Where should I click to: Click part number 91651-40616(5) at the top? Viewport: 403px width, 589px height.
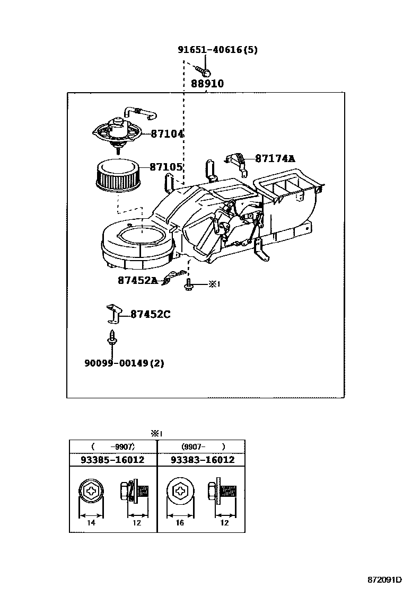[x=217, y=50]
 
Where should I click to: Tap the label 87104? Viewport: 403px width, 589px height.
[x=167, y=134]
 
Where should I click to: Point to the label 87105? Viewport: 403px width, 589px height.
[x=166, y=167]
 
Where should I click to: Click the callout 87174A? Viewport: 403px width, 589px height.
[x=275, y=158]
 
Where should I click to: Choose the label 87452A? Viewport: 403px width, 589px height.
[x=138, y=281]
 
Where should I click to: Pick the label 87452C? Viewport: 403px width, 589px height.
[x=150, y=314]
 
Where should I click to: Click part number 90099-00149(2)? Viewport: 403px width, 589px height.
[x=124, y=363]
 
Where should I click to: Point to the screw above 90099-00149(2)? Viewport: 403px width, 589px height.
[x=111, y=339]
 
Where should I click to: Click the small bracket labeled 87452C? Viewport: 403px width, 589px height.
[x=113, y=314]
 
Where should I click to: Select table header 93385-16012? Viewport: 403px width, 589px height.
[x=112, y=460]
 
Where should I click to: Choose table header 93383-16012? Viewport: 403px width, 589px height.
[x=203, y=460]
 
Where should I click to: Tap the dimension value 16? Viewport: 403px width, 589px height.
[x=179, y=523]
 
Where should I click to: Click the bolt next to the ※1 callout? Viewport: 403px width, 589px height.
[x=188, y=285]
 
